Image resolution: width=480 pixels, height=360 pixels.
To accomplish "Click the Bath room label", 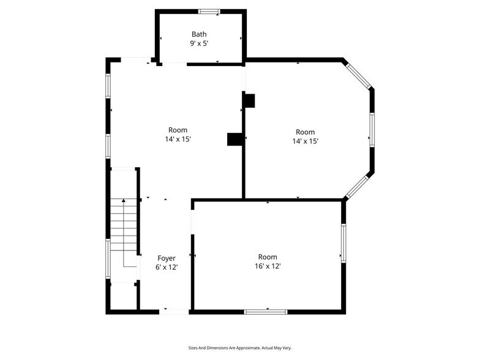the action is (199, 34).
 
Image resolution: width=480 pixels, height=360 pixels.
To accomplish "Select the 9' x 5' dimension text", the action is (199, 43).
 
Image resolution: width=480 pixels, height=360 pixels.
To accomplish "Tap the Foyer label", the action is (167, 258).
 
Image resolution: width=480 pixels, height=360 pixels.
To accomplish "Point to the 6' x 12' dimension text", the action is (167, 267).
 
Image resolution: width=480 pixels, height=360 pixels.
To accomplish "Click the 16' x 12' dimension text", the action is (268, 266).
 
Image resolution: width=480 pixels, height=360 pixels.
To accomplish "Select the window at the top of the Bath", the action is (209, 12).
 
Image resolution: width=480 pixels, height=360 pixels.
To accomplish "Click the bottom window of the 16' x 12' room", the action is (266, 312).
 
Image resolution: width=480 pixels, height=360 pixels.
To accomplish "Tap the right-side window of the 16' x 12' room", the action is (343, 243).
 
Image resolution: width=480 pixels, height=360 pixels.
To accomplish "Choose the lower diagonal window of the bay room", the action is (358, 186).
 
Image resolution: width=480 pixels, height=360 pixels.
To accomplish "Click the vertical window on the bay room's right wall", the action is (372, 130).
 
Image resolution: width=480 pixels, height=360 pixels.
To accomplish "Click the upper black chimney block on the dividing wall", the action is (249, 100).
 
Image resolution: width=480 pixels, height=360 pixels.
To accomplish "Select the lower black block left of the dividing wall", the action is (235, 139).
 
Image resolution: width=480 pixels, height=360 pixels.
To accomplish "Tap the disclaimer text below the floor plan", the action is (240, 348).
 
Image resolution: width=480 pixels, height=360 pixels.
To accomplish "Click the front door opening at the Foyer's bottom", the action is (174, 312).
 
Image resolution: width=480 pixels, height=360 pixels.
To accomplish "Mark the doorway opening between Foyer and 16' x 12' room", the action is (192, 222).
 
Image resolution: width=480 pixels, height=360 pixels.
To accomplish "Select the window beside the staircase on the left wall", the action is (108, 259).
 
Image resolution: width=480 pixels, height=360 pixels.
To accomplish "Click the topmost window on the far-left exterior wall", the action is (108, 86).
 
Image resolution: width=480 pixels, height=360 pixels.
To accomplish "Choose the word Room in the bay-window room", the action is (305, 132).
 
